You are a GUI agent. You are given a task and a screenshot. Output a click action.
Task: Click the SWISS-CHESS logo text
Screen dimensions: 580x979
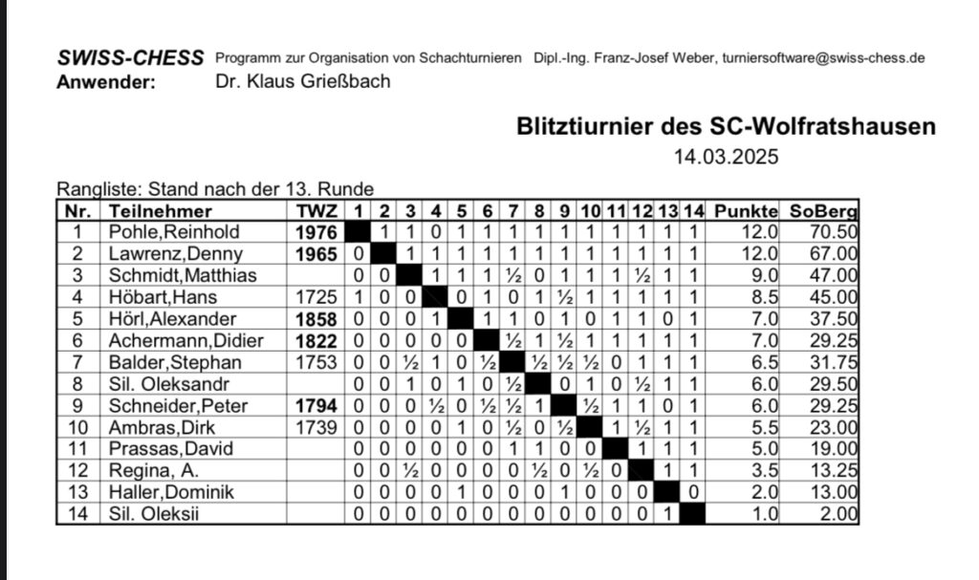(x=131, y=57)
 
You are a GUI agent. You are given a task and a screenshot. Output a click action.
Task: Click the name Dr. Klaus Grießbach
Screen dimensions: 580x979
(x=304, y=81)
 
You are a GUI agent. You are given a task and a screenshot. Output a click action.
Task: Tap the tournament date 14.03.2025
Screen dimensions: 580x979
(x=727, y=157)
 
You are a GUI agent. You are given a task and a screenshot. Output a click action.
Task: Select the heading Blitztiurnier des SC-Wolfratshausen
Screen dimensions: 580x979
(x=726, y=126)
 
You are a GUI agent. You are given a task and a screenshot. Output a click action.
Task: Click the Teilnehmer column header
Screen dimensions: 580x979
(x=161, y=211)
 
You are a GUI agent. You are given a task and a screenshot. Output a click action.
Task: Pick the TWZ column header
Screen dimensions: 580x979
(x=316, y=211)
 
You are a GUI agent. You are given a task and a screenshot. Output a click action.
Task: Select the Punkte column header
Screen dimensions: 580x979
(x=746, y=211)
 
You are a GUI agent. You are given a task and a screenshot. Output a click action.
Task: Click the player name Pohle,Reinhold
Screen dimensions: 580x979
(x=168, y=232)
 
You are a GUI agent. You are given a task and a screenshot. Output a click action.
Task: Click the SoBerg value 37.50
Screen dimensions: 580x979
(x=835, y=319)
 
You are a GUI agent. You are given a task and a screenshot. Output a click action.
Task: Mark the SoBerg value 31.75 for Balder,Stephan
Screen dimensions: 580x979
(x=835, y=363)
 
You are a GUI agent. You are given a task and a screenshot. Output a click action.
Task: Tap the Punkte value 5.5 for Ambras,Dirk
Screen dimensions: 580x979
(x=758, y=428)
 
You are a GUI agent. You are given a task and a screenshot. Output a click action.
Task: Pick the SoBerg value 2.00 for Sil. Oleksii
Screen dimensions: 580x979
(x=838, y=515)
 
